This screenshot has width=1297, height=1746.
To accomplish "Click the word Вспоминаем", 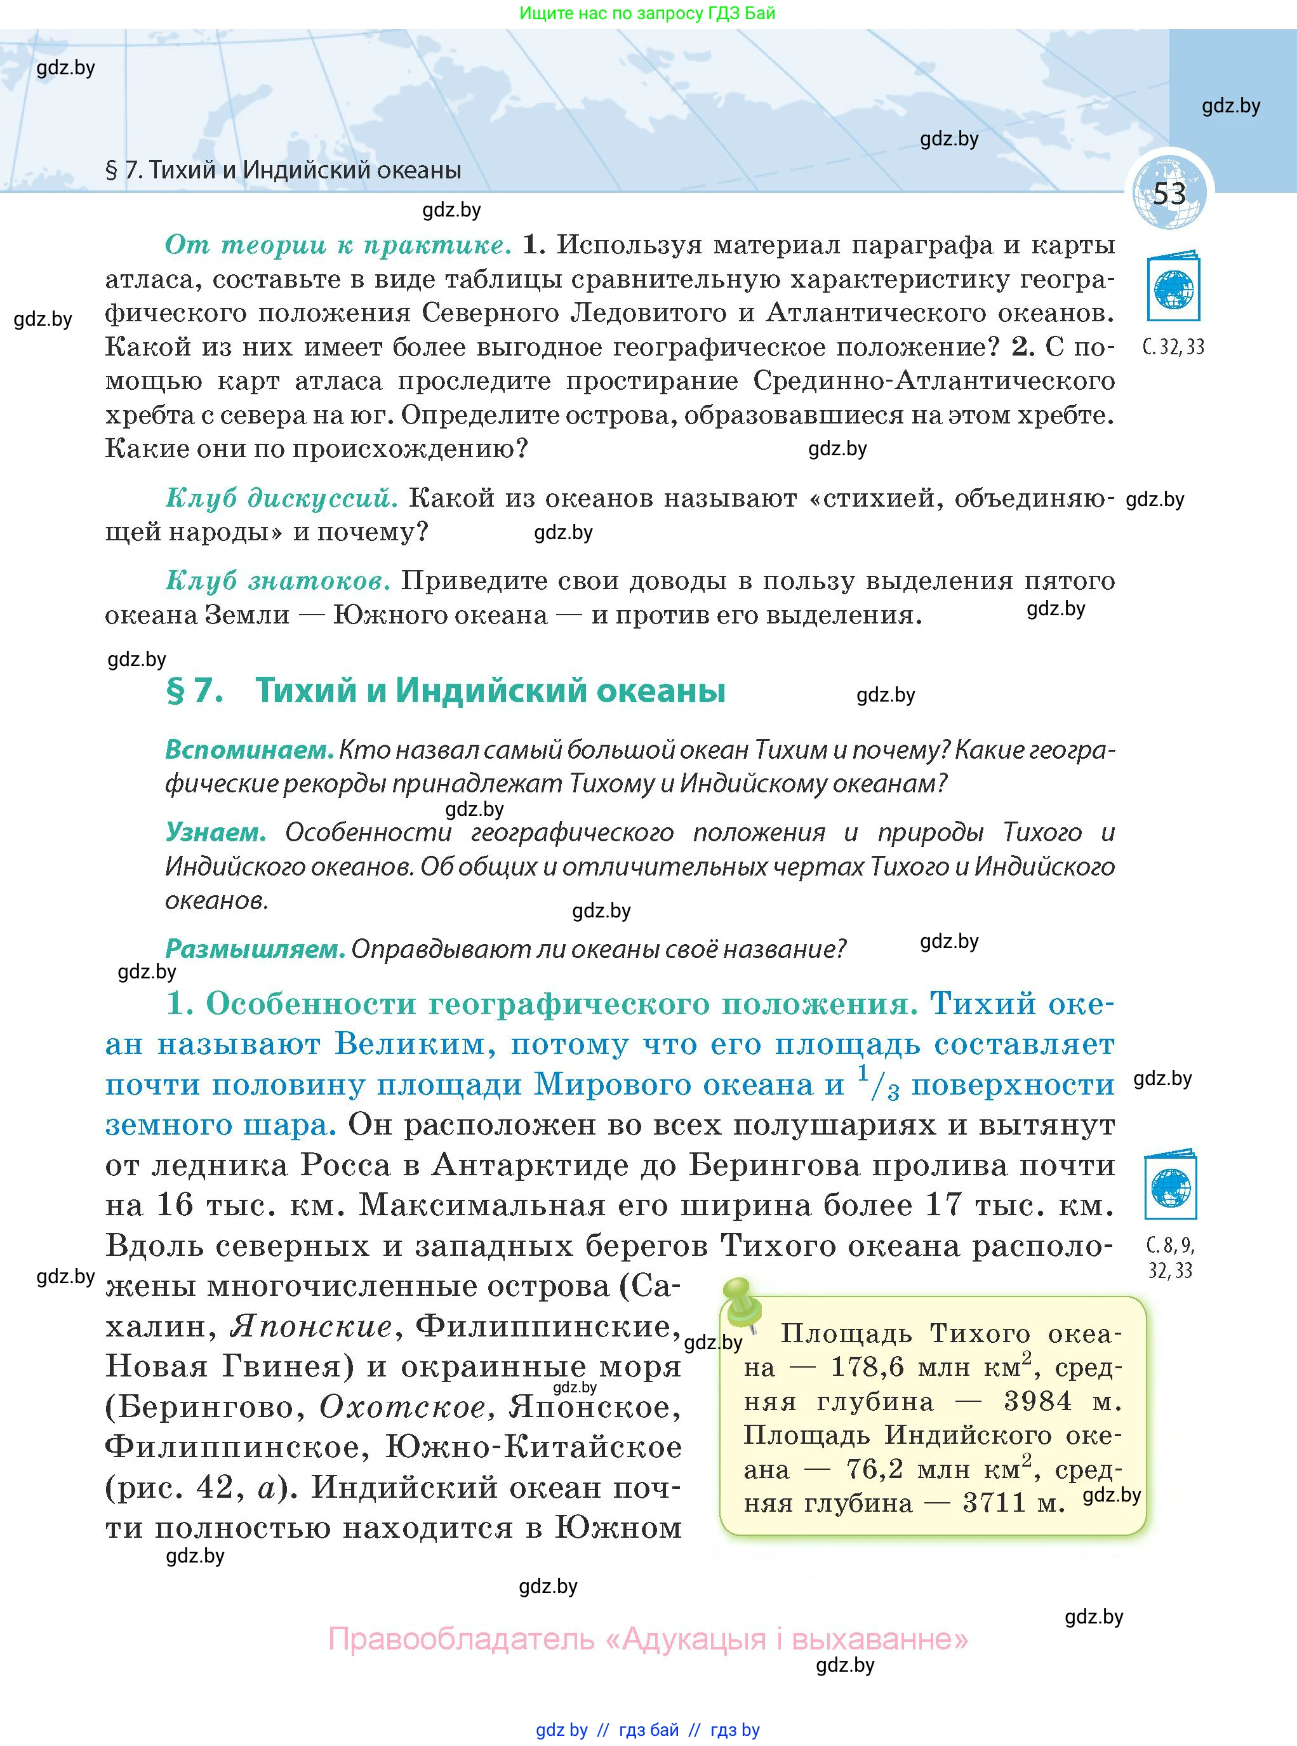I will (x=249, y=750).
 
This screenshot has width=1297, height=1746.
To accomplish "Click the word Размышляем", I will (x=255, y=949).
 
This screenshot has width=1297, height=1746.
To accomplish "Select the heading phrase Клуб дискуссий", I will (x=281, y=498).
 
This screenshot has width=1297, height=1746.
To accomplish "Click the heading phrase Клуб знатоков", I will (x=278, y=580).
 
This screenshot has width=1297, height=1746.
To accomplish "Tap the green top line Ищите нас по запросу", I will (x=647, y=13).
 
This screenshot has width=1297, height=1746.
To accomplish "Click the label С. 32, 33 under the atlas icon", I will (x=1173, y=347).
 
